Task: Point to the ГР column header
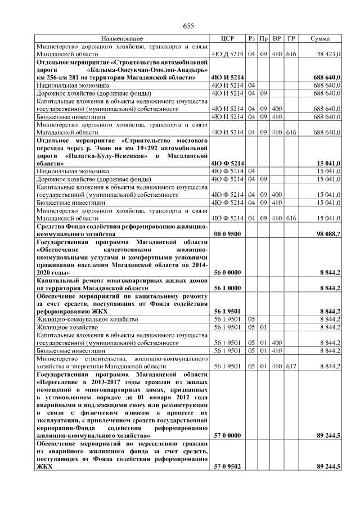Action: pyautogui.click(x=291, y=38)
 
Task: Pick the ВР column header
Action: pyautogui.click(x=277, y=38)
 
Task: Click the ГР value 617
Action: pyautogui.click(x=291, y=366)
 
